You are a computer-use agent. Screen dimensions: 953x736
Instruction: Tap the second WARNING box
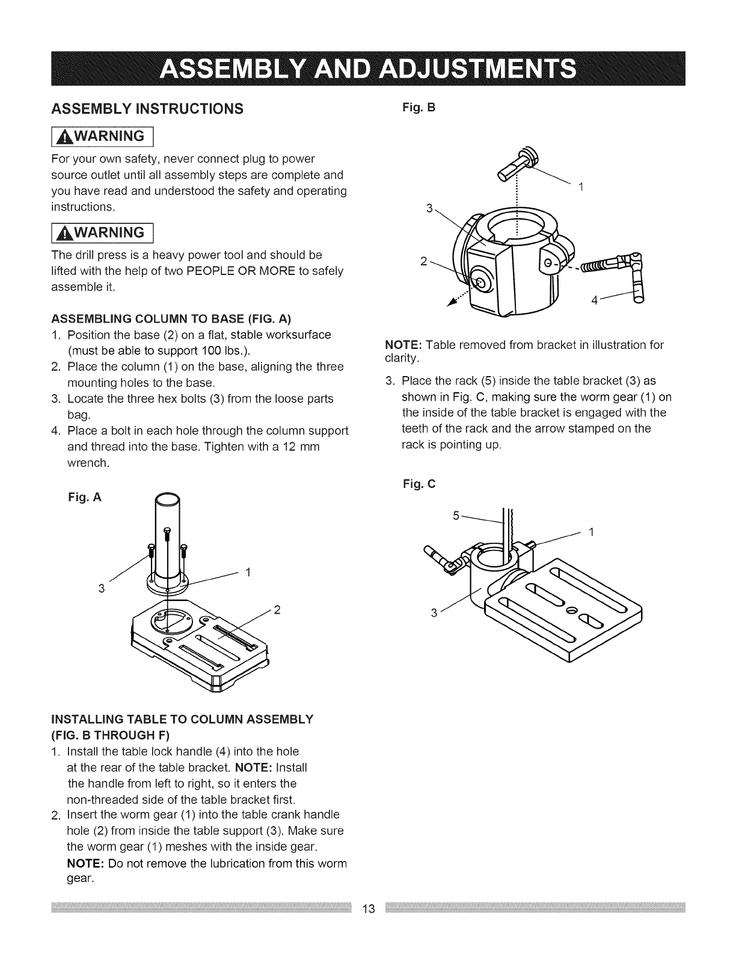(x=112, y=232)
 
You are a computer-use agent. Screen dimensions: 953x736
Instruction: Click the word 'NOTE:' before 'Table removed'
(x=403, y=345)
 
